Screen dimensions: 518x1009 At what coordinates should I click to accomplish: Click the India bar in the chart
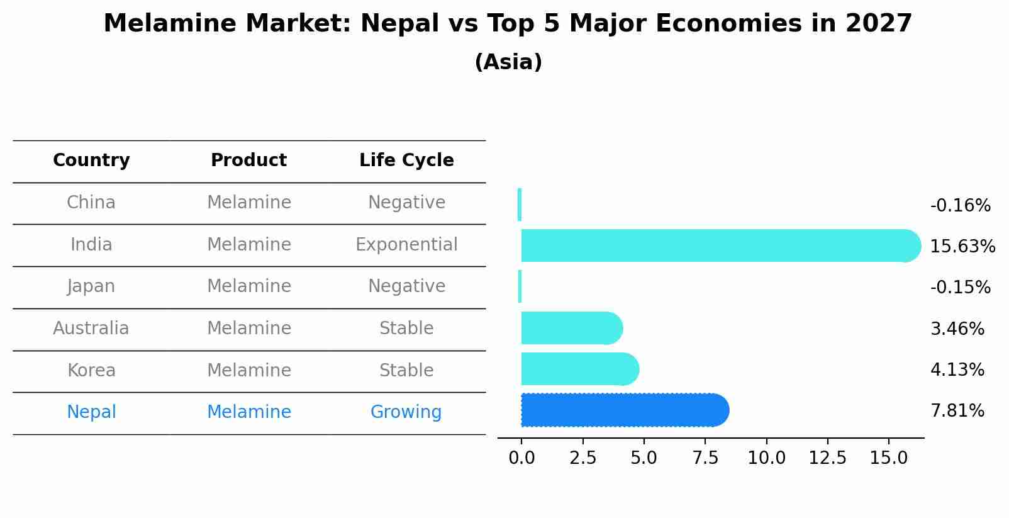coord(717,245)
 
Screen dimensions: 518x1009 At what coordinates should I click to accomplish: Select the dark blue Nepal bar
coord(623,410)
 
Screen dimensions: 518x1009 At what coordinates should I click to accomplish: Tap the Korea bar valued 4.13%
coord(579,369)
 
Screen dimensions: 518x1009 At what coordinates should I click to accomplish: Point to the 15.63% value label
coord(962,247)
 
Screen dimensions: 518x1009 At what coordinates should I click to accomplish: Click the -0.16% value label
coord(960,206)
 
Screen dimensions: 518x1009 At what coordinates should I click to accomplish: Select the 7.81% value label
coord(957,411)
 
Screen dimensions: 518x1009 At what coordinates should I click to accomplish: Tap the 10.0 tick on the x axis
coord(766,458)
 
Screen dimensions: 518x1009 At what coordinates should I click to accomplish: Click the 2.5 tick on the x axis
coord(583,458)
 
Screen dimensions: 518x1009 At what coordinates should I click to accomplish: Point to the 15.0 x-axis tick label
coord(888,458)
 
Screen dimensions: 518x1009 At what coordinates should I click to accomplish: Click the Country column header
coord(91,160)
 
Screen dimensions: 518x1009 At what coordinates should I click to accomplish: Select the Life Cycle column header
coord(406,160)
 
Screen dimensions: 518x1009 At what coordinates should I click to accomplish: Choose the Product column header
coord(248,160)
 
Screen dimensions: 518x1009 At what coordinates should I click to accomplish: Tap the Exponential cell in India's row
coord(406,245)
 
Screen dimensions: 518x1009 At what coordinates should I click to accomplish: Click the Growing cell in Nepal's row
coord(406,412)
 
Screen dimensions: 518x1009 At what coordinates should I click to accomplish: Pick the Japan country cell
coord(91,286)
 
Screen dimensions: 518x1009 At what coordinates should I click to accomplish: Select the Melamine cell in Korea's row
coord(248,371)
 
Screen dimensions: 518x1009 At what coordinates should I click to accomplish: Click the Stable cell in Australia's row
coord(406,329)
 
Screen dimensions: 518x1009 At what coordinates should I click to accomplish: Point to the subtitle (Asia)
coord(508,62)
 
